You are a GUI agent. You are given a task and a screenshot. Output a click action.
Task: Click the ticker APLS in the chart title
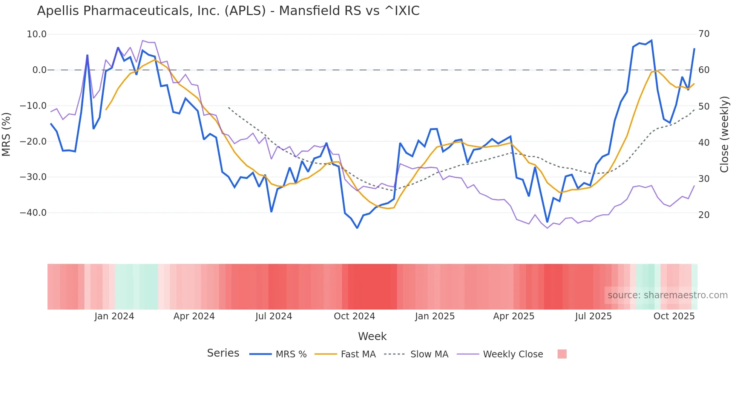point(245,11)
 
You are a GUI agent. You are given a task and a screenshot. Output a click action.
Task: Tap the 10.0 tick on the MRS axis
point(37,34)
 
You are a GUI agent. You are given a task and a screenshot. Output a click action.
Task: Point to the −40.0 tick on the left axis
point(34,213)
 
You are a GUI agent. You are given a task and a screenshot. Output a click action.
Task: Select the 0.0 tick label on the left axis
point(40,70)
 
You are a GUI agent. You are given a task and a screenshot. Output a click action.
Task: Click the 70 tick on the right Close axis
point(704,34)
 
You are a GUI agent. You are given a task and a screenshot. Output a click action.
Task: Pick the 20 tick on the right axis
point(704,215)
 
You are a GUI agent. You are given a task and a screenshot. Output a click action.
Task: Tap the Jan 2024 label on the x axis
point(114,316)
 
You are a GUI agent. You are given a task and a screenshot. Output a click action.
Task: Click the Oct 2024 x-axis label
point(354,316)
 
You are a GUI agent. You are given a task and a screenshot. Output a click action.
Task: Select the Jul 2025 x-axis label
point(593,316)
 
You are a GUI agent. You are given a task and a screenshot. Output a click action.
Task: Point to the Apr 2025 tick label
point(514,316)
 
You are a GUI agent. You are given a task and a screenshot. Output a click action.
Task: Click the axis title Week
point(372,336)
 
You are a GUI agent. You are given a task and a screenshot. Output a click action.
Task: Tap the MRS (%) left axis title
point(6,134)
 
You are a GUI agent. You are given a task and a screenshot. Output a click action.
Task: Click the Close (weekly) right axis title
point(724,134)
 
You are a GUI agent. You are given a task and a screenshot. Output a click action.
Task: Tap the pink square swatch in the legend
point(562,354)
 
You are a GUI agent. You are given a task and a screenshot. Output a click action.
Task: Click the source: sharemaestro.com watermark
point(667,295)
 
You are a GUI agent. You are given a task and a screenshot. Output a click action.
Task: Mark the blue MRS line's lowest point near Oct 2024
point(357,228)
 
